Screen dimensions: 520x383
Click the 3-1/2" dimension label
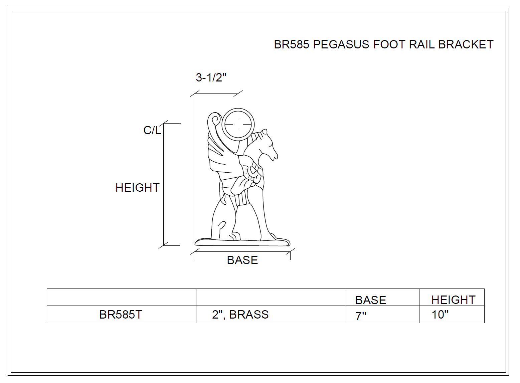tap(211, 77)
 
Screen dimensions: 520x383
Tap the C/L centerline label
tap(152, 130)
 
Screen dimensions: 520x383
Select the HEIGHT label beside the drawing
tap(137, 188)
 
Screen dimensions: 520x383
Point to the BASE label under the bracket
tap(242, 260)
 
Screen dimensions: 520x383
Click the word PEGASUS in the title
tap(341, 44)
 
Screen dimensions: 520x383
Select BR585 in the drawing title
tap(292, 44)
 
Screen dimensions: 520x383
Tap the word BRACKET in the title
tap(466, 44)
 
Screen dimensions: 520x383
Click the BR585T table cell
tap(121, 315)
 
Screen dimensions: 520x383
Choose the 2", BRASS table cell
tap(240, 315)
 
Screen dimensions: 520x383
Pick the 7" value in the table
tap(361, 316)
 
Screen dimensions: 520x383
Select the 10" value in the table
tap(440, 315)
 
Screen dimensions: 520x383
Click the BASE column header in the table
tap(370, 300)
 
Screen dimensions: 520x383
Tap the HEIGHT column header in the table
tap(454, 300)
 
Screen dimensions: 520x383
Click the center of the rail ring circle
tap(238, 125)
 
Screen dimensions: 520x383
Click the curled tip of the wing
tap(215, 120)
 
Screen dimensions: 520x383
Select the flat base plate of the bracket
tap(242, 242)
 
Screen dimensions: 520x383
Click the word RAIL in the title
tap(421, 44)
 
